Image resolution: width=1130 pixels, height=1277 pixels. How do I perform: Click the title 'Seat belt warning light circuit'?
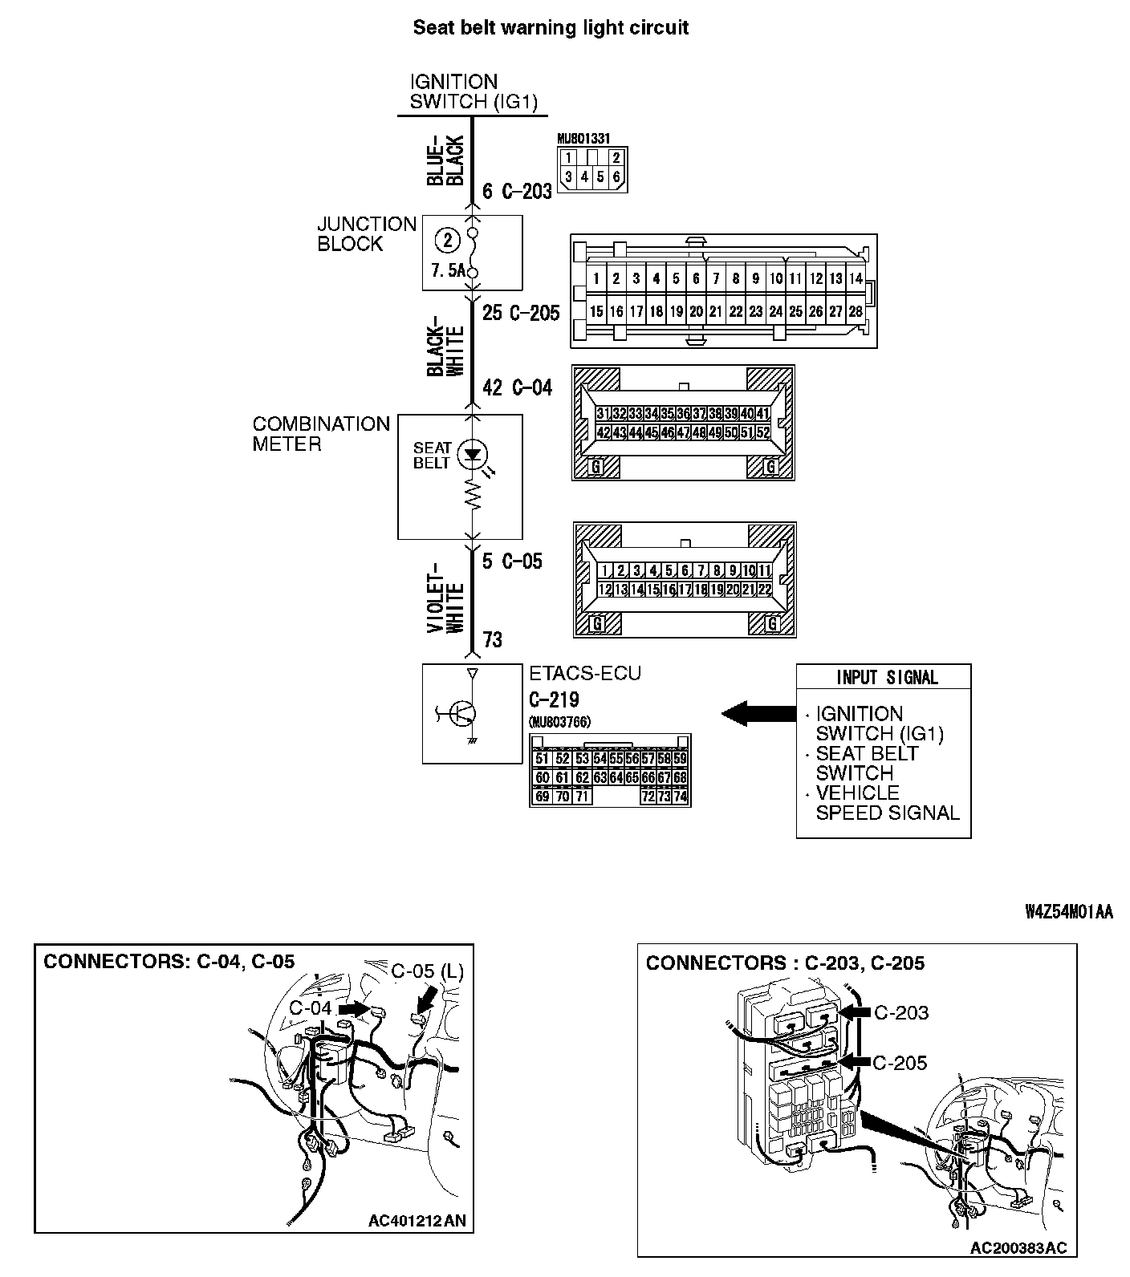(x=550, y=28)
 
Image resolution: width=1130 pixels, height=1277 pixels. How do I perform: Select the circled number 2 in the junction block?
(x=448, y=239)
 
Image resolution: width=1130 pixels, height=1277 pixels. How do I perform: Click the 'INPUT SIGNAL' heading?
(x=887, y=678)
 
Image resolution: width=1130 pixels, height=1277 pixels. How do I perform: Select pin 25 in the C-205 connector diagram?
(x=795, y=311)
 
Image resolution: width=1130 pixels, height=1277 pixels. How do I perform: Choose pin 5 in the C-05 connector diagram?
(x=669, y=571)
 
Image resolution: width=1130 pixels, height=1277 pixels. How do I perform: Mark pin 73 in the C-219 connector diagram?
(x=665, y=797)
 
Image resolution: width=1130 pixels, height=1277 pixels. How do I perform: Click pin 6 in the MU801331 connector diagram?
(x=616, y=176)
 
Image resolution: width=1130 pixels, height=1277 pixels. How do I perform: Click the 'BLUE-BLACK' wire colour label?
(x=446, y=160)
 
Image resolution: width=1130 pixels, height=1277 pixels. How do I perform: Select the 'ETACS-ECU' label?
(x=585, y=674)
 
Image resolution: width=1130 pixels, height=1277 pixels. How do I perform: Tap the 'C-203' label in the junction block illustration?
(x=900, y=1013)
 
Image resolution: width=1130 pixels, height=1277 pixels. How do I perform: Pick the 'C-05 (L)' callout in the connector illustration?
(x=428, y=971)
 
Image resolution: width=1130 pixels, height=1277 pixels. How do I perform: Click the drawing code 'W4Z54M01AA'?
(x=1069, y=912)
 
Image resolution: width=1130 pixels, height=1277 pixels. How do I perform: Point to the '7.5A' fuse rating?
(x=448, y=270)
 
